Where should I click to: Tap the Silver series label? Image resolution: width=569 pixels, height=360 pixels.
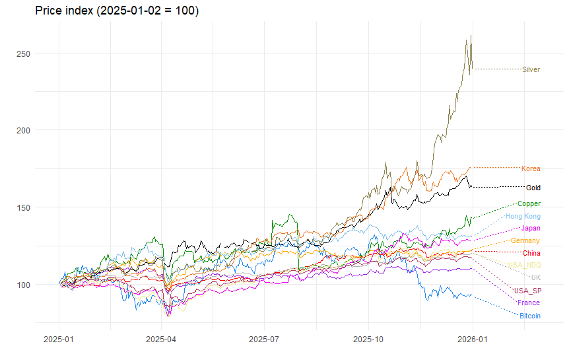pyautogui.click(x=531, y=69)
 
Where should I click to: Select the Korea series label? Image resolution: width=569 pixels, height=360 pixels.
pyautogui.click(x=531, y=169)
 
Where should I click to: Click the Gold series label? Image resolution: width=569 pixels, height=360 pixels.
pyautogui.click(x=533, y=188)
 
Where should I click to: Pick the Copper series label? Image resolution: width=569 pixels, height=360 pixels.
pyautogui.click(x=529, y=204)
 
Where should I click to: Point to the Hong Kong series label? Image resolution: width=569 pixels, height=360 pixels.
pyautogui.click(x=523, y=217)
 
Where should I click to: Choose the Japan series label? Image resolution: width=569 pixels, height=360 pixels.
pyautogui.click(x=531, y=229)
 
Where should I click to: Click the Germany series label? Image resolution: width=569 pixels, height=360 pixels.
pyautogui.click(x=525, y=241)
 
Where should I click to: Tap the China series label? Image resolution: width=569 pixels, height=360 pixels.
pyautogui.click(x=531, y=254)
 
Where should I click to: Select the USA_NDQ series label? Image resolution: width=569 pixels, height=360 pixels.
pyautogui.click(x=524, y=266)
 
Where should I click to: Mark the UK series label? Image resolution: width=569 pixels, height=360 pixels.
pyautogui.click(x=535, y=278)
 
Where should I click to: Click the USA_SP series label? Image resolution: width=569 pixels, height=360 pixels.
pyautogui.click(x=528, y=291)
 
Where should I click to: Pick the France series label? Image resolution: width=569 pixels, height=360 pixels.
pyautogui.click(x=529, y=303)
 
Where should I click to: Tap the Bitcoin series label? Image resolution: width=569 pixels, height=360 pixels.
pyautogui.click(x=530, y=316)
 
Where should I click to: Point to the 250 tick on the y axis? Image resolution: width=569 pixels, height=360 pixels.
pyautogui.click(x=23, y=53)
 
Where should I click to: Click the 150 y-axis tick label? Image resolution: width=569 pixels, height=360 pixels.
pyautogui.click(x=23, y=207)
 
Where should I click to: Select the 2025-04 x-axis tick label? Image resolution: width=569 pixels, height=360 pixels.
pyautogui.click(x=161, y=338)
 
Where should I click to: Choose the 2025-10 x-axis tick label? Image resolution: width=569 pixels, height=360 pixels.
pyautogui.click(x=368, y=338)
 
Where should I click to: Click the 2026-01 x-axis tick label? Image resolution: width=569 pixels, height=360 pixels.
pyautogui.click(x=473, y=338)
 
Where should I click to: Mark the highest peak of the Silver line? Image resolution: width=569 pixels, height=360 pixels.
pyautogui.click(x=471, y=36)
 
